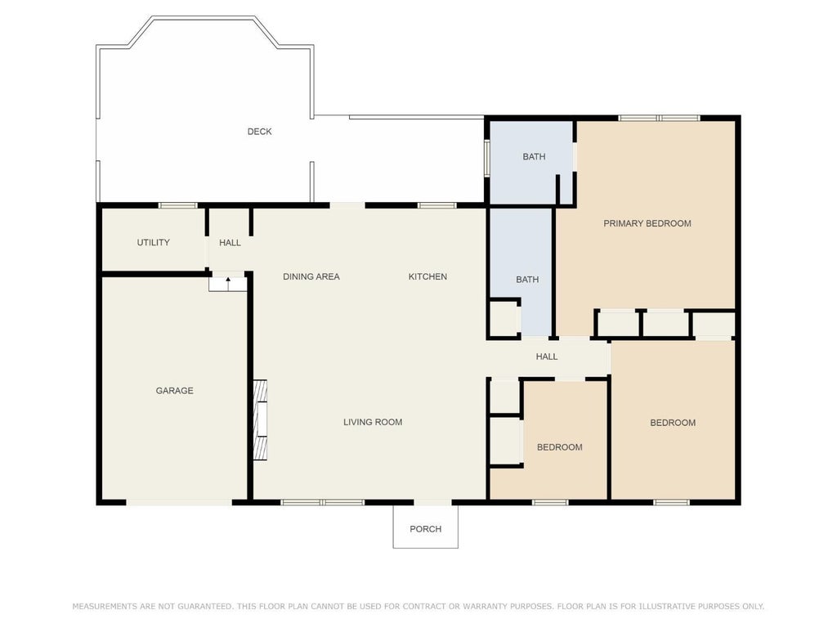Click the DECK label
point(259,132)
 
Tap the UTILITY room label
point(153,242)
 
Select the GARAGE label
point(175,391)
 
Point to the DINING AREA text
point(311,276)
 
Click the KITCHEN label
point(427,276)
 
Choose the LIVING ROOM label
point(373,422)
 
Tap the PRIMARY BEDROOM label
point(647,223)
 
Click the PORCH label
point(425,529)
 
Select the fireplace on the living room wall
point(260,419)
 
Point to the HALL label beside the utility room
point(230,242)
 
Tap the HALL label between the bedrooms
point(547,357)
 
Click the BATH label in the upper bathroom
point(534,156)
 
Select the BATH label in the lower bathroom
point(527,280)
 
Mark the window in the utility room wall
point(177,205)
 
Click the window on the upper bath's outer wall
point(487,158)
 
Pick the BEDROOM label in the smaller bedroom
point(559,447)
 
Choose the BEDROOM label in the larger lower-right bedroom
point(673,423)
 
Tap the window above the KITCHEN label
point(436,205)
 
